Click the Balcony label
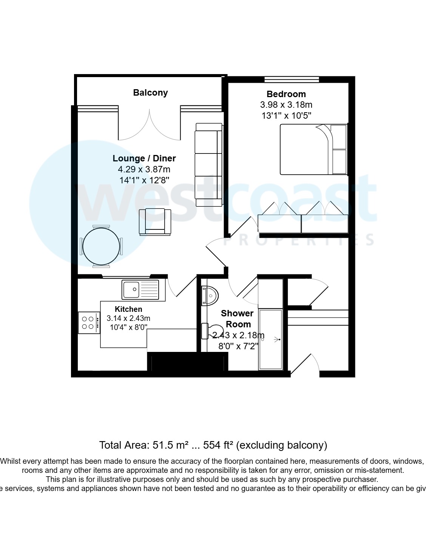[150, 93]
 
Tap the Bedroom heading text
[286, 94]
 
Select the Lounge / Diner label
[144, 158]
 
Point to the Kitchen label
[128, 309]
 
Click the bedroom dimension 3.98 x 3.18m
[286, 105]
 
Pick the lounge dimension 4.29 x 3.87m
[144, 169]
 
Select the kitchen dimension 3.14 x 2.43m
[128, 318]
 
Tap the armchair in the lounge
[155, 221]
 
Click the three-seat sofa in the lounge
[208, 164]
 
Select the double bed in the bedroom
[313, 149]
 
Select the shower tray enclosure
[270, 339]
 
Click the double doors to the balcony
[150, 125]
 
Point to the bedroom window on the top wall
[292, 79]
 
